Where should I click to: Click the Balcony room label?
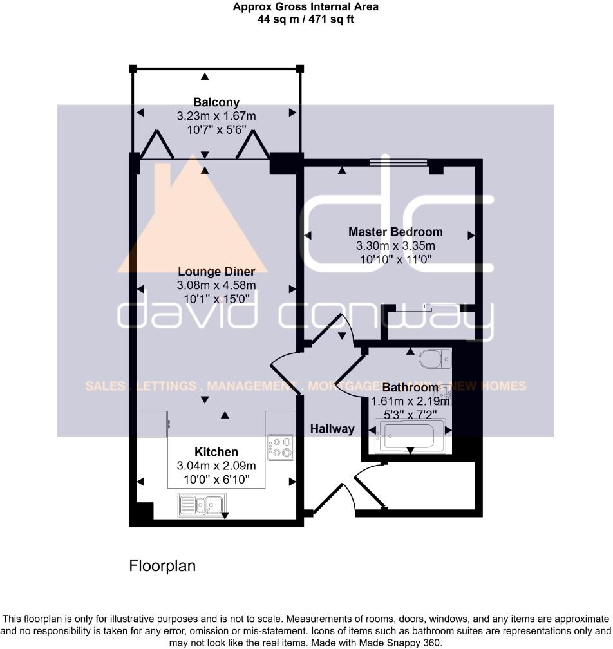216,102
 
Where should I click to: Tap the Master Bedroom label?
395,232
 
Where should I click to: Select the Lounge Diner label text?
216,271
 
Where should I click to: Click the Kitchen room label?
216,452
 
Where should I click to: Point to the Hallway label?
332,429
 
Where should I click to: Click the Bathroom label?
410,388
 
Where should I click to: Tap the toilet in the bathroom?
430,358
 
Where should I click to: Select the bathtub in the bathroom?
411,435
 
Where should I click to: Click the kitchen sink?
202,504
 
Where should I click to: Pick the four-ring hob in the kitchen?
281,446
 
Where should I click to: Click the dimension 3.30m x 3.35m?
395,246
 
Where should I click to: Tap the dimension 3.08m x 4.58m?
216,285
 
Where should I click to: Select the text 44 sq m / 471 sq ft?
305,19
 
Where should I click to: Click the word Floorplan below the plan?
162,566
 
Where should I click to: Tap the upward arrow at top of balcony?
205,77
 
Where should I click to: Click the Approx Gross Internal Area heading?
305,7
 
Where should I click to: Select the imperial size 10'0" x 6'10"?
216,479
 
